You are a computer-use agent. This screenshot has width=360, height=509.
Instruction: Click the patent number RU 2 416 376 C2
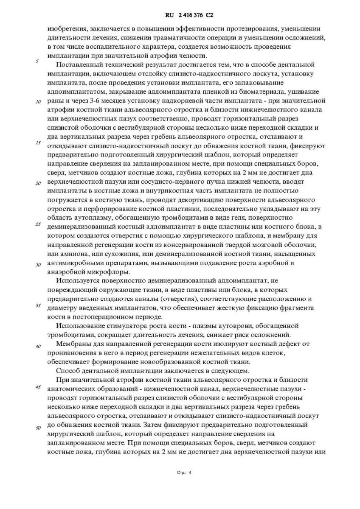188,16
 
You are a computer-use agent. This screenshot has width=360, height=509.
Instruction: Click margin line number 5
37,61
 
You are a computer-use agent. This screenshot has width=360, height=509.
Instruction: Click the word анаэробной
67,272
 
